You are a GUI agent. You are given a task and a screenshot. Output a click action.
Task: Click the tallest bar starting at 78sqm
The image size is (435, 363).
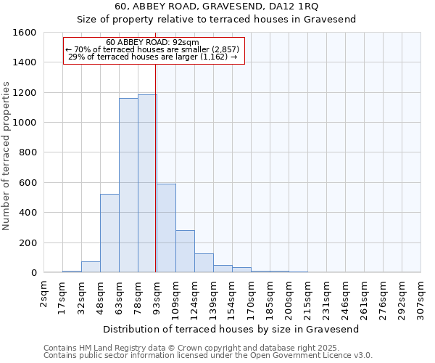coord(147,184)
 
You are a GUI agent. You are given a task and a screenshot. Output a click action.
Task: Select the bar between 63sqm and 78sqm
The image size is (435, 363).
coord(128,185)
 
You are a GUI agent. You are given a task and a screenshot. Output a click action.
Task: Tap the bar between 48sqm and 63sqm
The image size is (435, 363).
coord(109,233)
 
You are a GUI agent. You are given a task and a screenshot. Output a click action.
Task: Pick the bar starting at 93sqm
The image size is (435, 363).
coord(166,228)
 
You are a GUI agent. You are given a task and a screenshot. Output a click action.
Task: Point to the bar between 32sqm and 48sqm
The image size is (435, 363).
coord(91,266)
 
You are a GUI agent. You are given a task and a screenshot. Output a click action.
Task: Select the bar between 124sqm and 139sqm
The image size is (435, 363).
coord(204,263)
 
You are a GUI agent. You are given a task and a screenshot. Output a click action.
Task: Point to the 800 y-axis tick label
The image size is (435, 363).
coord(28,152)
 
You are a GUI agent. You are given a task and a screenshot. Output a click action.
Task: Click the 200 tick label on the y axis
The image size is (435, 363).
coord(28,242)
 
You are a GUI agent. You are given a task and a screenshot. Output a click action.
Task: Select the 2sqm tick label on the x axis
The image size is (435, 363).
coord(44,294)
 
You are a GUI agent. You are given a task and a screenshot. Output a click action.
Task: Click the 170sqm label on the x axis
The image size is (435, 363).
coord(251,296)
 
